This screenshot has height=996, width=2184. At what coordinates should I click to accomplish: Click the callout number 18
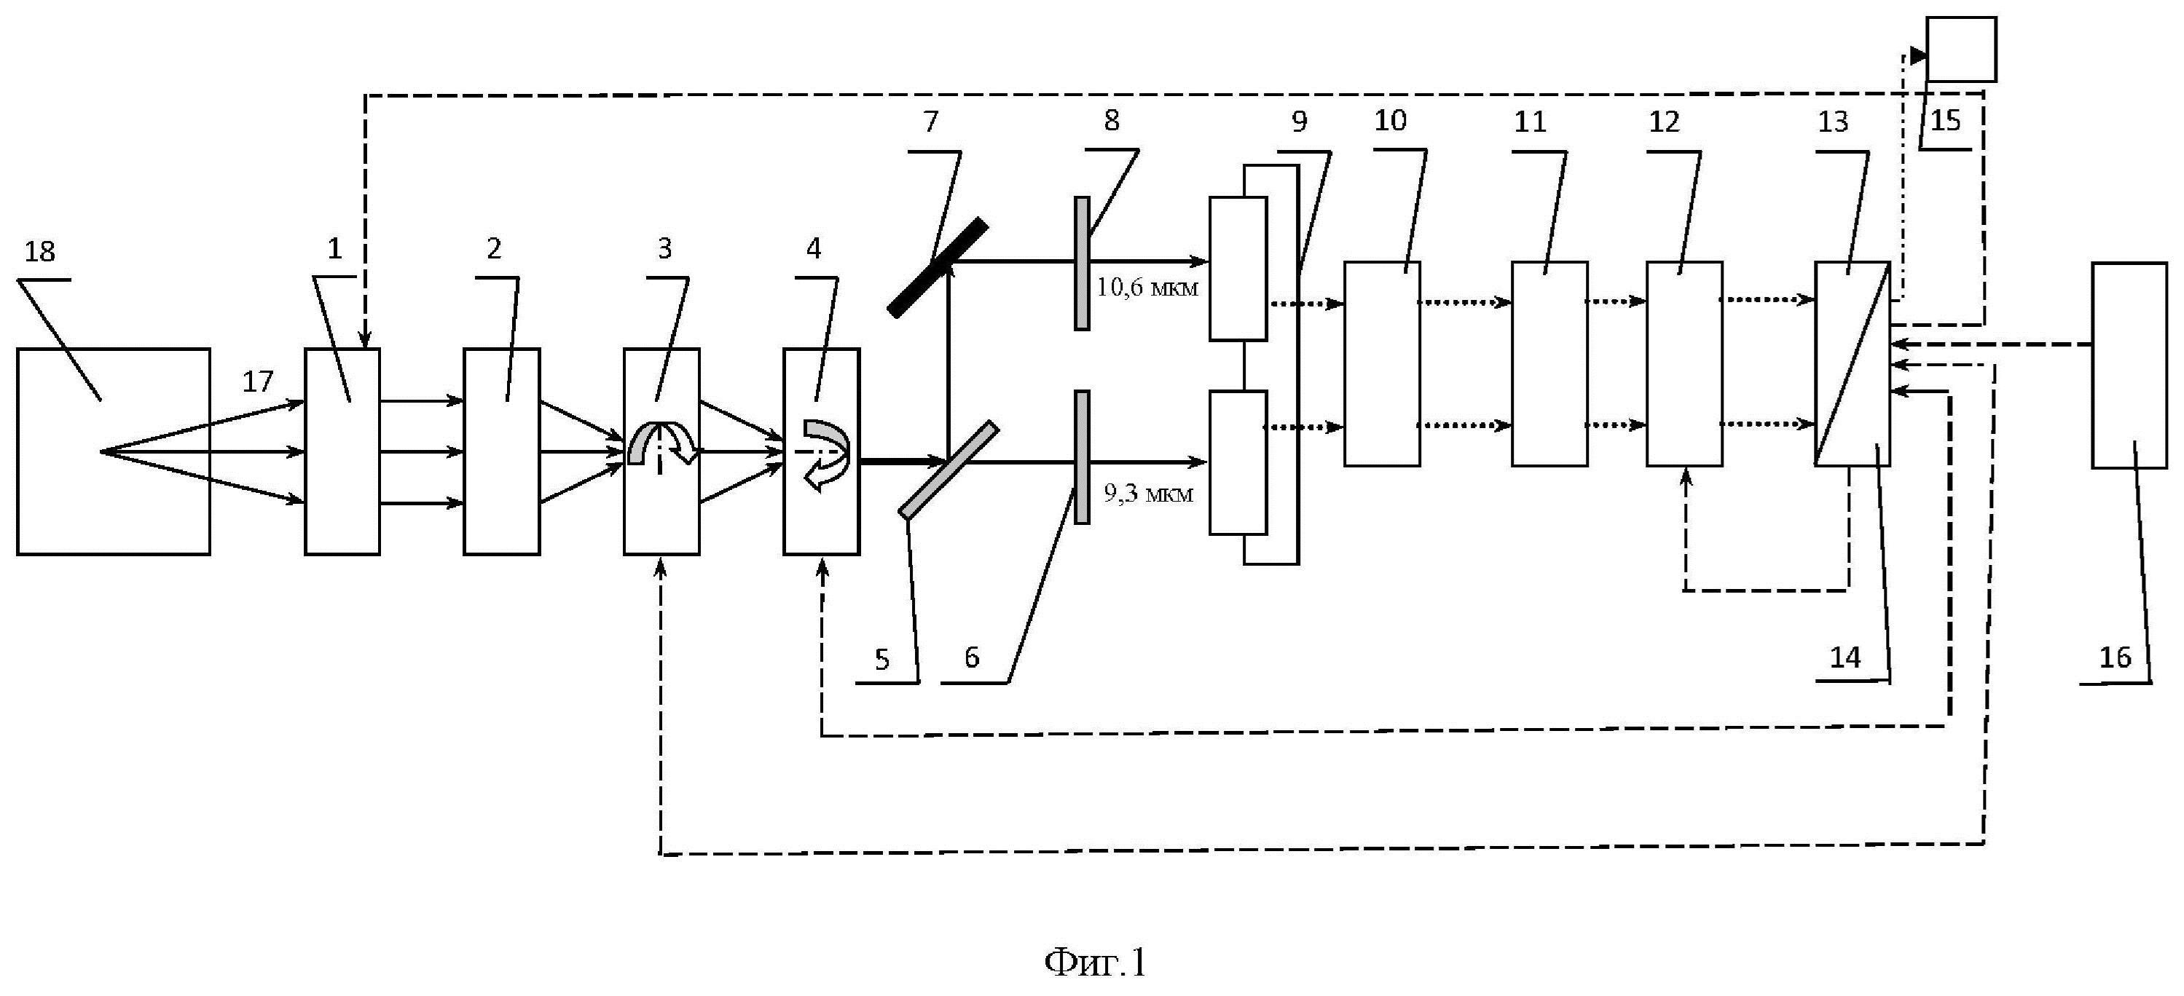40,252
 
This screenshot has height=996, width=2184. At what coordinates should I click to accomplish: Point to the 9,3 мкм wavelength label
1148,494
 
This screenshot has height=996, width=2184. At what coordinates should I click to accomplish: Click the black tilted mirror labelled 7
938,267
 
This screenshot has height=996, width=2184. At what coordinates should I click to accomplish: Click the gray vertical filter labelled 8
1083,263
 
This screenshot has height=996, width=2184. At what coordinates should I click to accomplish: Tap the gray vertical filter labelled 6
1082,457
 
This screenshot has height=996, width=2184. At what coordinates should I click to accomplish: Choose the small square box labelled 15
1961,50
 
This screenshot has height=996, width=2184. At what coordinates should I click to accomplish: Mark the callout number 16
2115,657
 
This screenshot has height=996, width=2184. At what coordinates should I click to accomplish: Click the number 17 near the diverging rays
258,382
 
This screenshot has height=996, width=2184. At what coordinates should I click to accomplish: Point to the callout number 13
1832,122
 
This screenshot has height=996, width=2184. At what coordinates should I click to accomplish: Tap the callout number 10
1390,121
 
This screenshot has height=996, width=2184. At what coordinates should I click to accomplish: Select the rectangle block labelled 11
1549,363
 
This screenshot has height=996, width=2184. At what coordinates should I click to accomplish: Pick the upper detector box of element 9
1238,269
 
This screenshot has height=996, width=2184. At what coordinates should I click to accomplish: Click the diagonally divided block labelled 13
1852,363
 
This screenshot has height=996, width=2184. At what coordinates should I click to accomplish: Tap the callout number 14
1845,657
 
